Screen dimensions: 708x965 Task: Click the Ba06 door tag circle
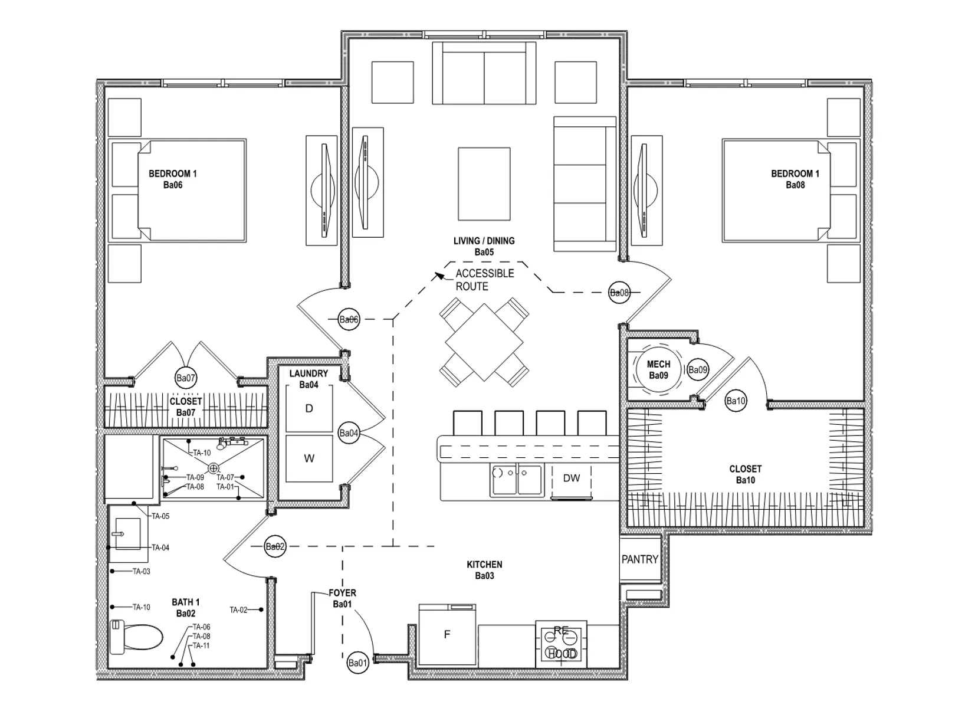pos(349,320)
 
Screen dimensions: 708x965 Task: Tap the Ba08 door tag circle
pos(619,292)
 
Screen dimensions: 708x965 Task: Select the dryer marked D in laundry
pos(309,408)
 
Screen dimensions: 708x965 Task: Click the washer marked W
pos(309,458)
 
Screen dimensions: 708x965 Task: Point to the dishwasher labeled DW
pos(571,478)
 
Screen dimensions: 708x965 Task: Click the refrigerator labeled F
pos(447,635)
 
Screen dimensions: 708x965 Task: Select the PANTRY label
pos(639,559)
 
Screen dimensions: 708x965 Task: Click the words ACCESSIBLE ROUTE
pos(484,280)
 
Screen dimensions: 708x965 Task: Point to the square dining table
pos(484,343)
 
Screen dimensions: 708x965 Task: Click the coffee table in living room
pos(484,183)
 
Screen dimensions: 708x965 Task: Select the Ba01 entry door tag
pos(357,663)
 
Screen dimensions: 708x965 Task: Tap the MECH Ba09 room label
pos(658,370)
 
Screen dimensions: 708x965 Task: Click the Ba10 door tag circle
pos(736,401)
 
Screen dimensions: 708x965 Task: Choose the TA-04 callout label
pos(160,548)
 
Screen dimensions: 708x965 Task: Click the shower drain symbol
pos(214,468)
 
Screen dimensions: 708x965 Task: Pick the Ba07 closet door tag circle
pos(185,378)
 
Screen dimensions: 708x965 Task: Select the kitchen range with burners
pos(561,644)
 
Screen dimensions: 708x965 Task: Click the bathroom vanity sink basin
pos(127,533)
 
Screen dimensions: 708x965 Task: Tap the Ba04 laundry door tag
pos(349,433)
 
